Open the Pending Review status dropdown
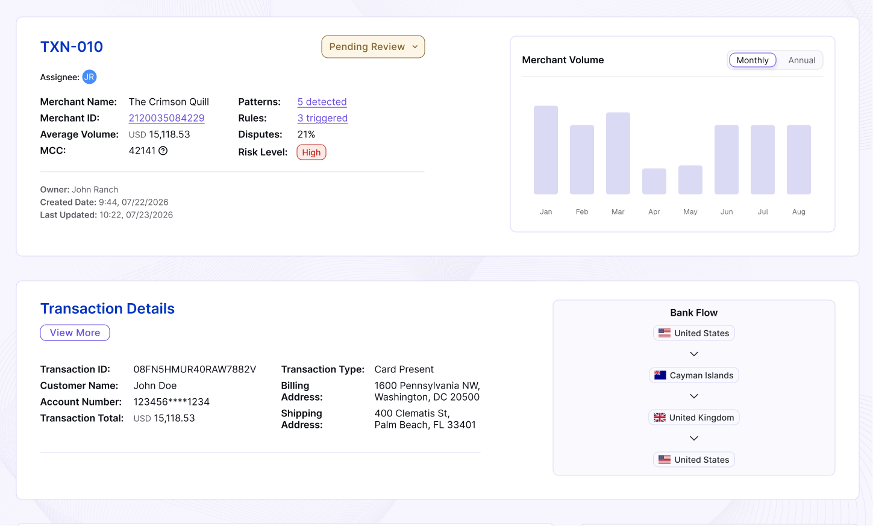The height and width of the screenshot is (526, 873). click(373, 47)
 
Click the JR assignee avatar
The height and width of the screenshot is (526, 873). click(89, 77)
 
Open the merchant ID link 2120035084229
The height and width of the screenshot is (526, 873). click(166, 118)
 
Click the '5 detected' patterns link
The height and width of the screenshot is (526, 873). click(322, 102)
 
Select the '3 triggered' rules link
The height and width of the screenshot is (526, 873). click(322, 118)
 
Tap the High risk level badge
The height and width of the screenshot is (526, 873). click(311, 152)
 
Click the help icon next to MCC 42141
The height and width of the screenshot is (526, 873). click(163, 151)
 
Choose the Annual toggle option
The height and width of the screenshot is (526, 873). click(801, 60)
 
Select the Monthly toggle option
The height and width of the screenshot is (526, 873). click(752, 60)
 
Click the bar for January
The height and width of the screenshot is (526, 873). click(546, 150)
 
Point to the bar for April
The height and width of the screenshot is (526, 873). click(654, 181)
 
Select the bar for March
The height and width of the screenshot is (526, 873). click(618, 153)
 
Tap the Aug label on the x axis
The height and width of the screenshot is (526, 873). click(798, 211)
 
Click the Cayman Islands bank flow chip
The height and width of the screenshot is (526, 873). click(693, 375)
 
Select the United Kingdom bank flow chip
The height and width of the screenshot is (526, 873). click(693, 418)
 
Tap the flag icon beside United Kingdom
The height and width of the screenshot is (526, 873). click(660, 418)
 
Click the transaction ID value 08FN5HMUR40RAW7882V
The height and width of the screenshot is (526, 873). click(195, 369)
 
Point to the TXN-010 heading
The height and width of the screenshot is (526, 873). click(71, 47)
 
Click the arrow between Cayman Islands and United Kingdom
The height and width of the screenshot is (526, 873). click(693, 396)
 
